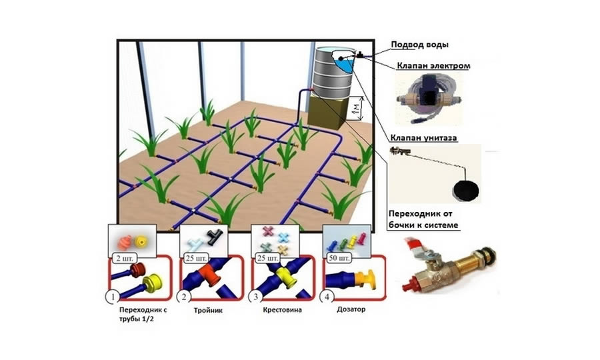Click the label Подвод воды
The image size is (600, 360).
click(x=419, y=45)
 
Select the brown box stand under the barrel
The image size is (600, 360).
click(x=326, y=113)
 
